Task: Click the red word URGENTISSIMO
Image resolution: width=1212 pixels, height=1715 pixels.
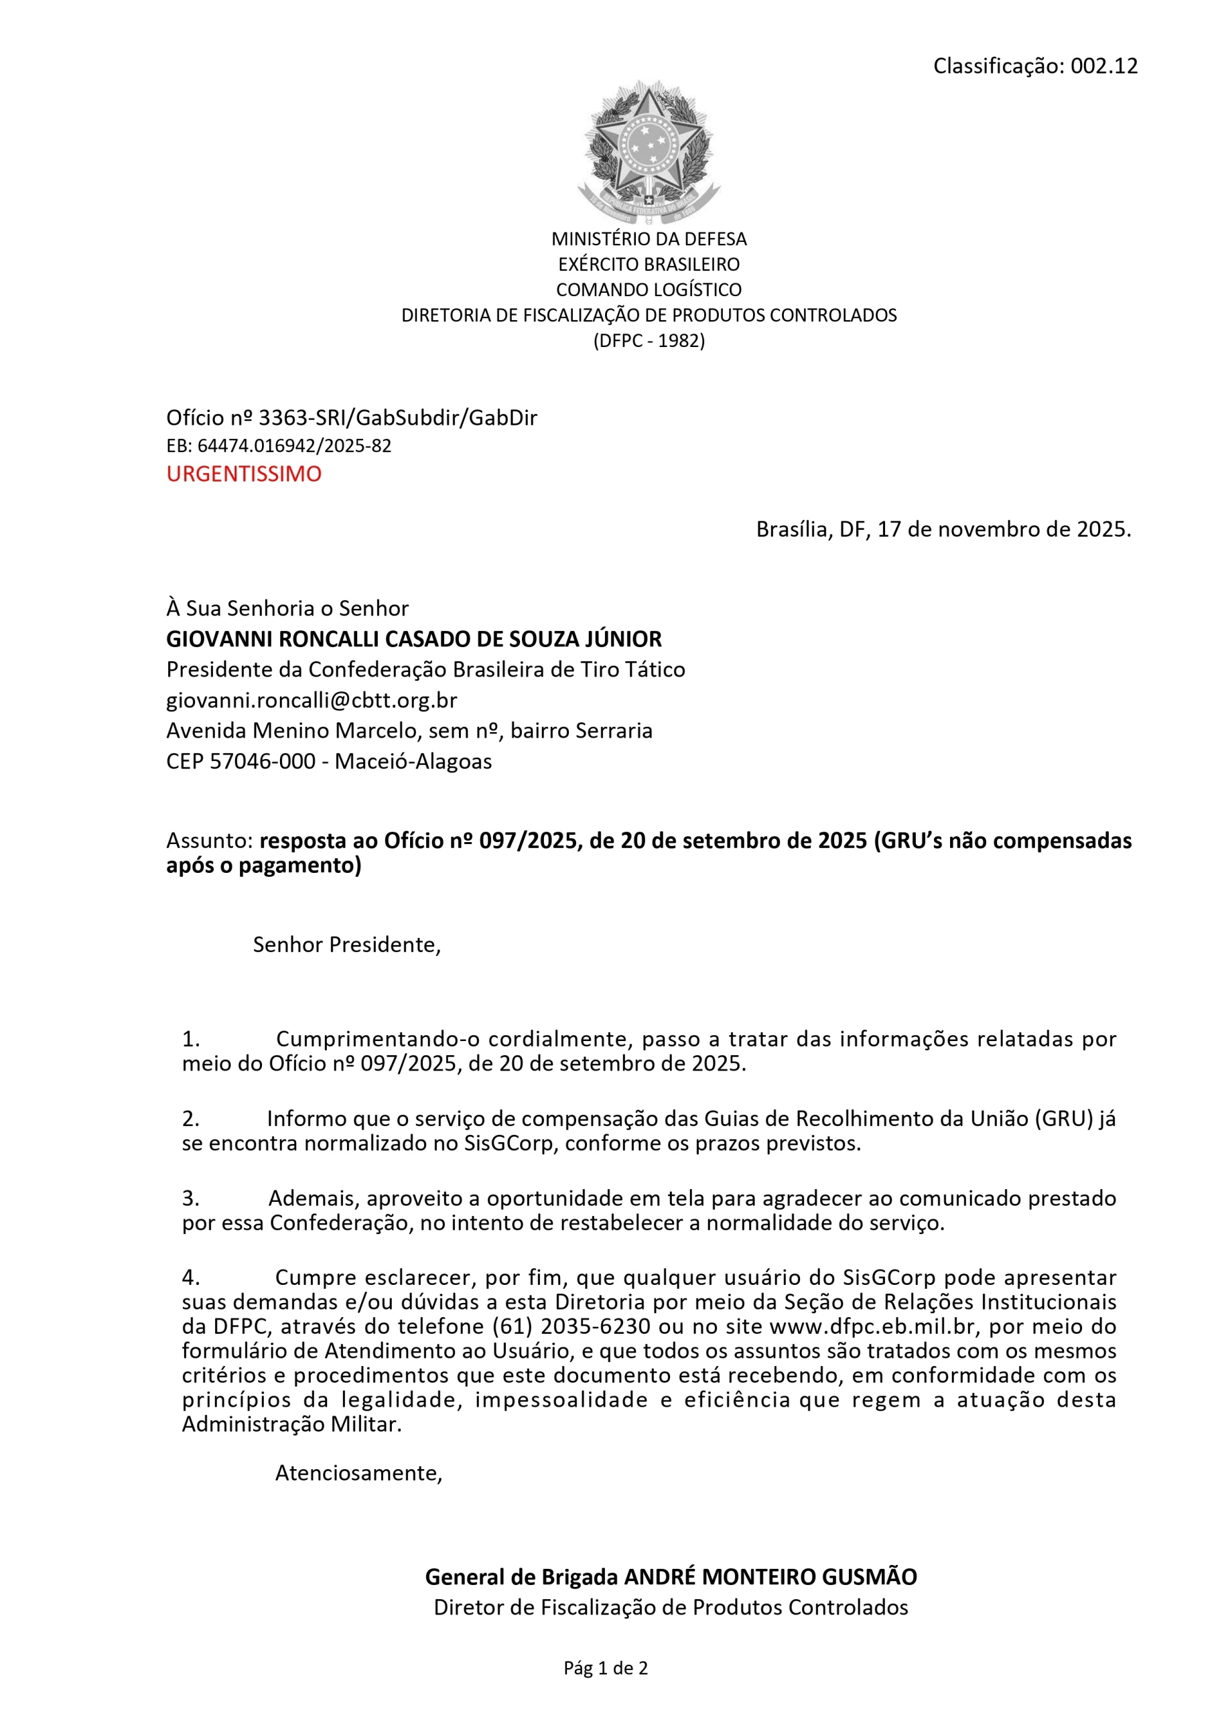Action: [244, 474]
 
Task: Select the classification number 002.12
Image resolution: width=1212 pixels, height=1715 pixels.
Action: [1103, 66]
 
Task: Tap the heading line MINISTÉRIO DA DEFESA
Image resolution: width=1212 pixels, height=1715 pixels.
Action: [649, 239]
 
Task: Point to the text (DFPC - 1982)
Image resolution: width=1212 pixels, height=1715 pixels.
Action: [649, 340]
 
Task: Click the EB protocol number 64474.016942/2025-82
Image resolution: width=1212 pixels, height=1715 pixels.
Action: [293, 446]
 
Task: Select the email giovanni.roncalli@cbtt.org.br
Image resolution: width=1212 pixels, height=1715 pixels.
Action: [312, 700]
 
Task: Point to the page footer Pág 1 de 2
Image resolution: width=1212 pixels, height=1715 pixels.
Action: [605, 1668]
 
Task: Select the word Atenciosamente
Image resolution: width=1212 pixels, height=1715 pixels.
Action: [357, 1472]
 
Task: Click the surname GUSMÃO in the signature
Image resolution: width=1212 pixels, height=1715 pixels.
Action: [869, 1576]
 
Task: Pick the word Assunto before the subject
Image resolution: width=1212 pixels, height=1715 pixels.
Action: [208, 840]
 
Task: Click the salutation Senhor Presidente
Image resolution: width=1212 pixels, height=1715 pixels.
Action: [346, 944]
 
